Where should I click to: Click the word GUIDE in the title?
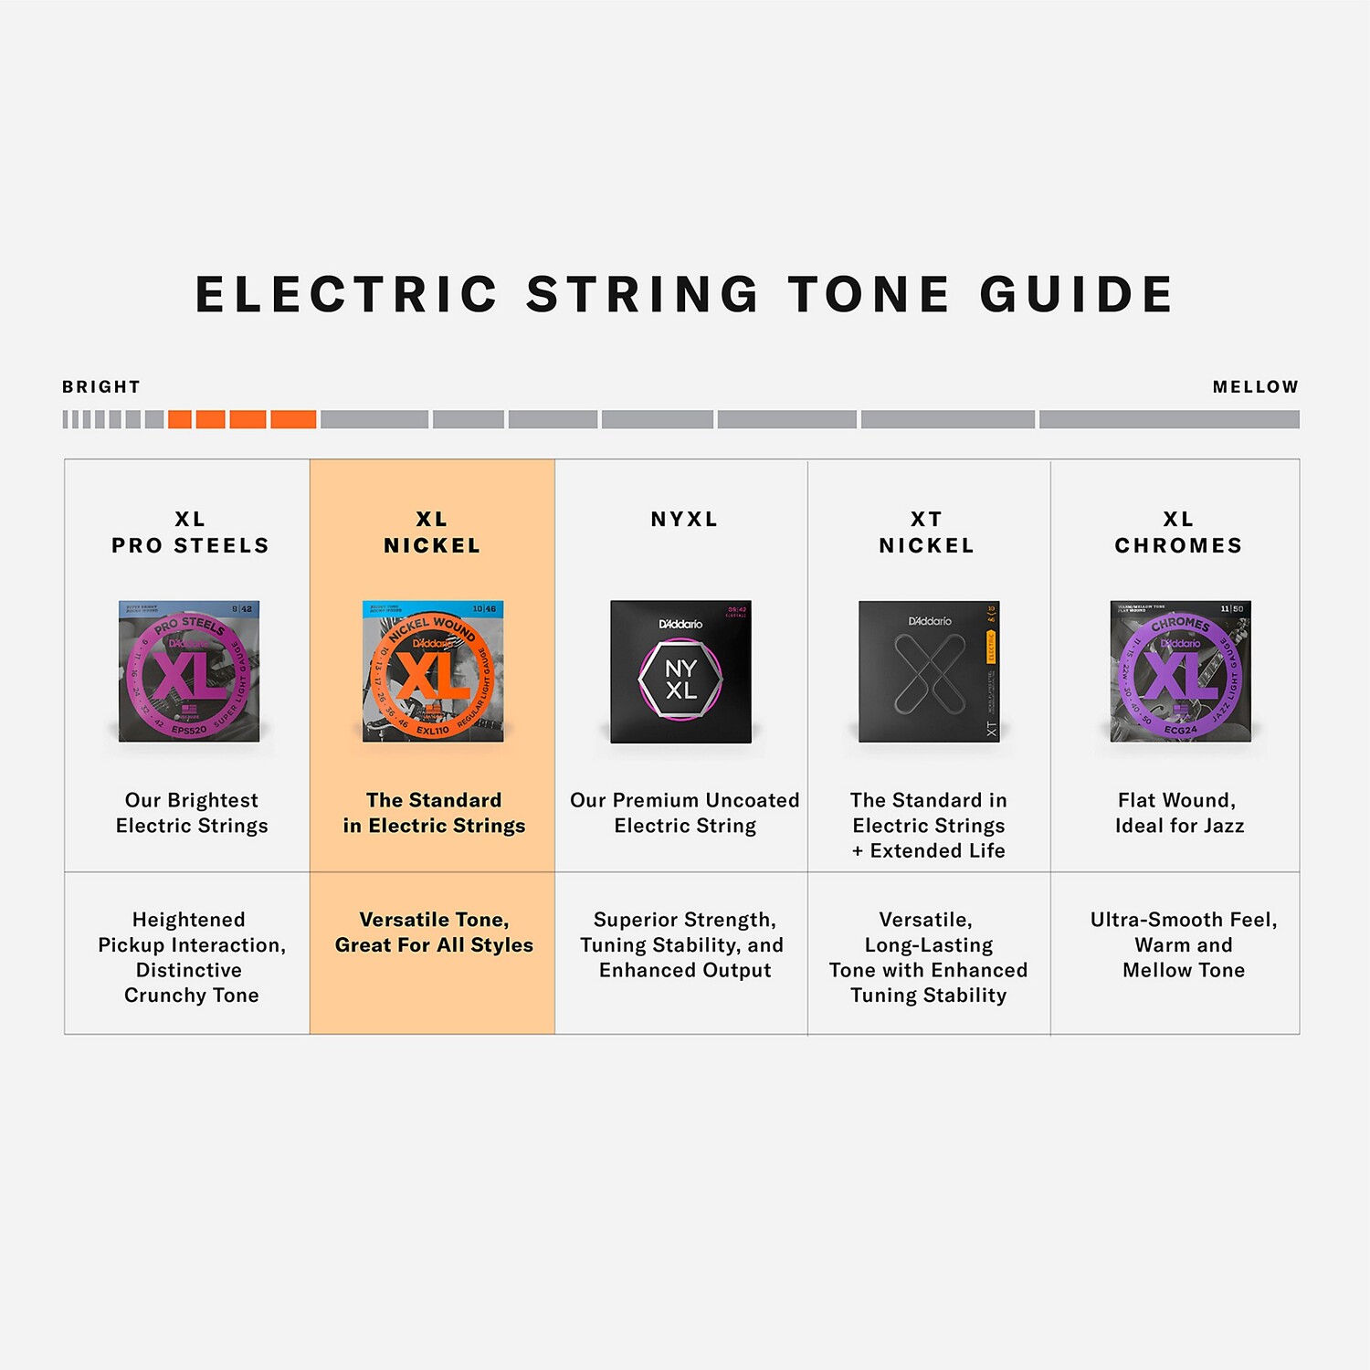1077,295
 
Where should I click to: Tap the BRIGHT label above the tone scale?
101,386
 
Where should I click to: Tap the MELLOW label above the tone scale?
1255,386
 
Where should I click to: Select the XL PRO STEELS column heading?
190,532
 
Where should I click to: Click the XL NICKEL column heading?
432,532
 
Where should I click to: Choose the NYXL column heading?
684,520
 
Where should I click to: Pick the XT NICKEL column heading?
926,532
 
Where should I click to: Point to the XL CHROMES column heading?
1178,532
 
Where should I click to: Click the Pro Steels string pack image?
189,671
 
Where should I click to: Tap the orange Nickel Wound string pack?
433,671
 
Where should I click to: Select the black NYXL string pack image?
680,672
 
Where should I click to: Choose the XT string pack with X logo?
929,672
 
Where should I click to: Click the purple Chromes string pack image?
1180,671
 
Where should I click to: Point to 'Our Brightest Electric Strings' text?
192,813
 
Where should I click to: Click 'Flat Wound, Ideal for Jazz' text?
1179,813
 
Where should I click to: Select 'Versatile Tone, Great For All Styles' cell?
434,933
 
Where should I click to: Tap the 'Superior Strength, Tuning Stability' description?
684,944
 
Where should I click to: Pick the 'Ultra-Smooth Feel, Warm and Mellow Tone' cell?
1183,944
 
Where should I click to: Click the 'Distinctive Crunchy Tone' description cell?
192,957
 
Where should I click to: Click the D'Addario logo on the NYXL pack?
680,624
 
